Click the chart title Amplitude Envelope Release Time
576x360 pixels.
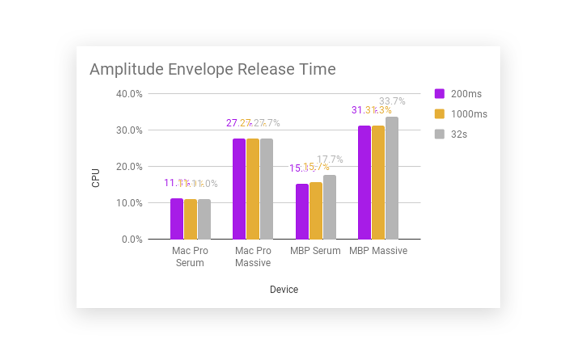212,70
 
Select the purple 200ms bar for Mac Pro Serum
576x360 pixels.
177,219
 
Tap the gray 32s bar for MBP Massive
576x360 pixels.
392,178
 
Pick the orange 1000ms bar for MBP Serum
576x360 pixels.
316,211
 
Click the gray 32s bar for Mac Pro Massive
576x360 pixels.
266,189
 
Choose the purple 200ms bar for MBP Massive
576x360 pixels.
364,182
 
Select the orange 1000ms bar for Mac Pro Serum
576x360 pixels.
191,219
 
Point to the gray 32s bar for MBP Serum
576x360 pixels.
329,207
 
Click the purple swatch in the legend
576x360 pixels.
440,94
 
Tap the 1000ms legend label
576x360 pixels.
469,114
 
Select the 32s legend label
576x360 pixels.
459,134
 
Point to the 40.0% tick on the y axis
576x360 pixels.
130,94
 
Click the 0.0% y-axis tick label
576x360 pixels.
132,239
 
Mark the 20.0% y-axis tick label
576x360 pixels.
130,167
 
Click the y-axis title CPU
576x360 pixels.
96,178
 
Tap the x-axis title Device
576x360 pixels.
284,289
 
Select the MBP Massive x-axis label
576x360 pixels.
378,251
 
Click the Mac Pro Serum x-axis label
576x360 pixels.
190,256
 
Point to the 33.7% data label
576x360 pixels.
392,101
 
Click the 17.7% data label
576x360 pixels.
330,159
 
